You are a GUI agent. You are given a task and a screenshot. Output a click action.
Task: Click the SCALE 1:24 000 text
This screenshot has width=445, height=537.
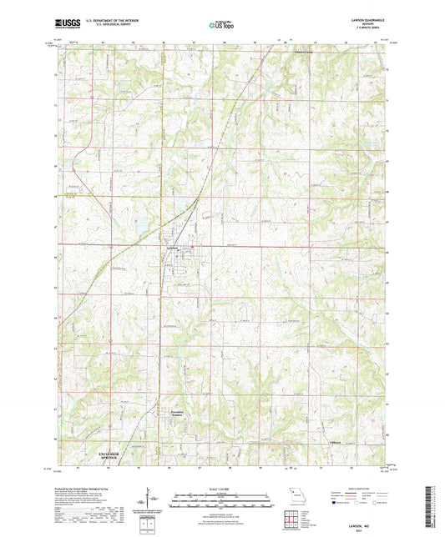[x=222, y=488]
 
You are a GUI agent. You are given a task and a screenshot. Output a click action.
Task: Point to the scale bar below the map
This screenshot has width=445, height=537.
[x=222, y=499]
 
